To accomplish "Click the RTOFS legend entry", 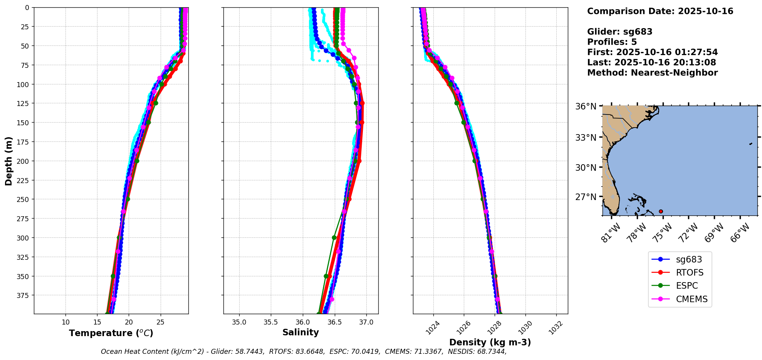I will click(689, 273).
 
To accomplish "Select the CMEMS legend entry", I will click(692, 299).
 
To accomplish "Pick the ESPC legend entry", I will click(686, 286).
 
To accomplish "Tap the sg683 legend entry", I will click(689, 259).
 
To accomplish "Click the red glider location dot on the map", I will click(661, 211).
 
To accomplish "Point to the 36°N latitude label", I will click(586, 106).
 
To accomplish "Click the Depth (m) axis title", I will click(8, 161).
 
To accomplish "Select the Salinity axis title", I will click(300, 332).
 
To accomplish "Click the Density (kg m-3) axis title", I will click(490, 342).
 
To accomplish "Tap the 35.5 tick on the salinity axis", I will click(270, 322).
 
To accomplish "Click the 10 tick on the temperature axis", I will click(65, 322).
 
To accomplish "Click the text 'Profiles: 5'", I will click(612, 42).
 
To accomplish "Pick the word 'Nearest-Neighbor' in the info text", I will click(674, 73).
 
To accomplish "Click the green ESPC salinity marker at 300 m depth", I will click(334, 237).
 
